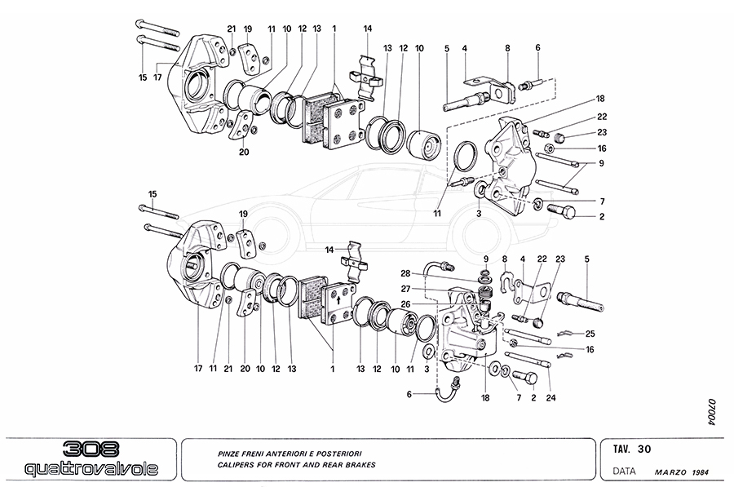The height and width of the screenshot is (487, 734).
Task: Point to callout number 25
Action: click(590, 333)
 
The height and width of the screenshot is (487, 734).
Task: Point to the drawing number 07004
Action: click(710, 412)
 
